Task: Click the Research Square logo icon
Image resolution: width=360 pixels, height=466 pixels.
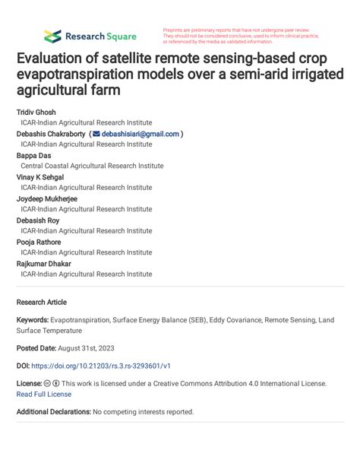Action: [x=52, y=36]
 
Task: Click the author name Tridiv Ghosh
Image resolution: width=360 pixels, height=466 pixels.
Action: [x=36, y=112]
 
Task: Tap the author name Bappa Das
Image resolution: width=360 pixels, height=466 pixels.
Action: [x=34, y=155]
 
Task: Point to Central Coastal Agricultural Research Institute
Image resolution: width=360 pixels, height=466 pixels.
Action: [x=92, y=166]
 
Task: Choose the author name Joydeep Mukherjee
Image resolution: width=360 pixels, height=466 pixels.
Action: [x=47, y=199]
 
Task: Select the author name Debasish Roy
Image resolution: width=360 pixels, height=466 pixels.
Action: [x=39, y=220]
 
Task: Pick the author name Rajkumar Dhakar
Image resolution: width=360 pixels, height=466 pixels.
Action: [x=44, y=264]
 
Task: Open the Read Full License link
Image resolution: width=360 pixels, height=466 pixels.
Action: [x=44, y=394]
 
